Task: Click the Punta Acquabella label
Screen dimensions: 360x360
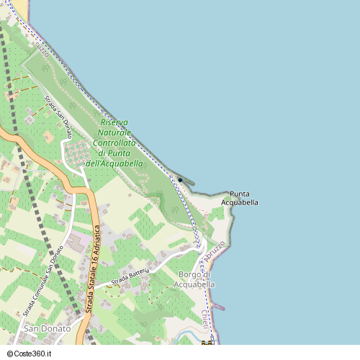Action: [x=240, y=199]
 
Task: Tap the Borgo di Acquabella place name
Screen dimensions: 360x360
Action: [x=194, y=279]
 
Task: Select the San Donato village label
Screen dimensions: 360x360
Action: [x=48, y=328]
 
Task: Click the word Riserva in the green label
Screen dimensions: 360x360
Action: [x=114, y=122]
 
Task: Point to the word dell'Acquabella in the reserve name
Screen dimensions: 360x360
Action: [x=114, y=163]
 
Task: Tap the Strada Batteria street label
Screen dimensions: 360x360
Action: [x=130, y=276]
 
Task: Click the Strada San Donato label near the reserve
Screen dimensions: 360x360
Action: [x=58, y=118]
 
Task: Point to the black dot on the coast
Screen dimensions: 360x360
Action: [x=180, y=180]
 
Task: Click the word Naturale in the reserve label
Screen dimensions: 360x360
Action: [x=114, y=133]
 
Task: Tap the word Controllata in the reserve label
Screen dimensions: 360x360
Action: [x=114, y=143]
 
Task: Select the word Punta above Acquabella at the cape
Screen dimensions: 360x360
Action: [x=240, y=194]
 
